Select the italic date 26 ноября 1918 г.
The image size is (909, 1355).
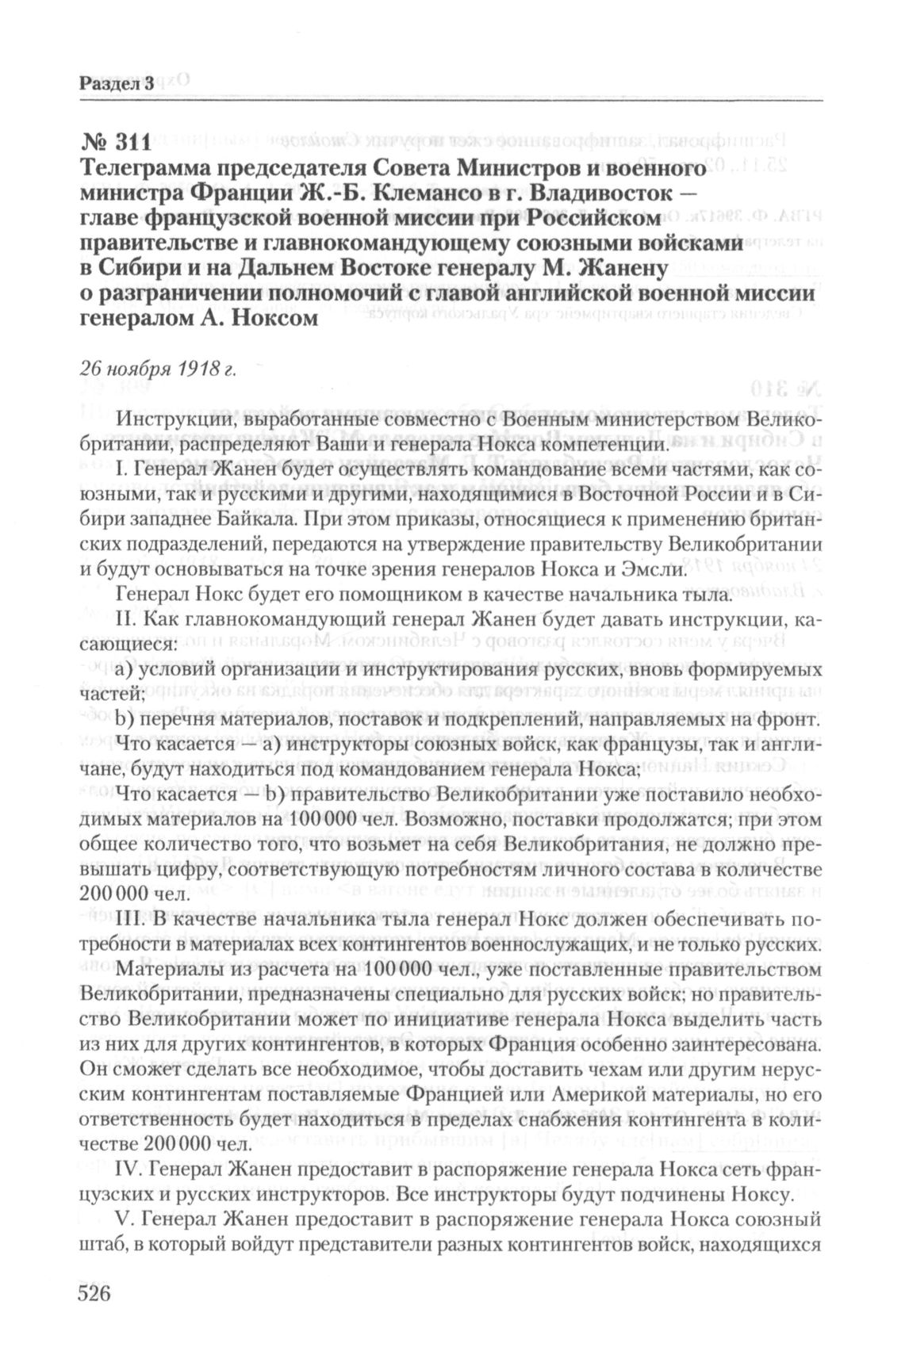pos(158,369)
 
